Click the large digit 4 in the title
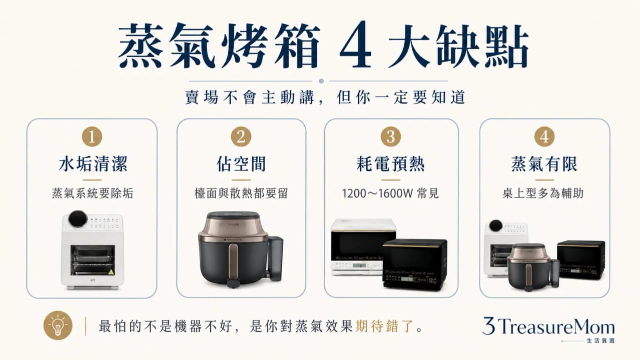[355, 45]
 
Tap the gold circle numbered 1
[92, 136]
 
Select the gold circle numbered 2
[241, 136]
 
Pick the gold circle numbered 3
[391, 136]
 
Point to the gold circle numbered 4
[544, 136]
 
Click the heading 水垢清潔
[93, 164]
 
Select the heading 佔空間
[241, 164]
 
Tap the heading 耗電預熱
[391, 164]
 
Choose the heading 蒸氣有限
[544, 164]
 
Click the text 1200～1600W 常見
[390, 193]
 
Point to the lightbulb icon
[58, 325]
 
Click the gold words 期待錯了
[385, 326]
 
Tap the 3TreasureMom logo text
[548, 326]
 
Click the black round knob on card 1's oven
[78, 218]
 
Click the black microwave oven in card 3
[415, 264]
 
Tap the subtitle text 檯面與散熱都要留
[241, 193]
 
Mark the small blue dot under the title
[321, 81]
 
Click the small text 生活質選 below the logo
[600, 341]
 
